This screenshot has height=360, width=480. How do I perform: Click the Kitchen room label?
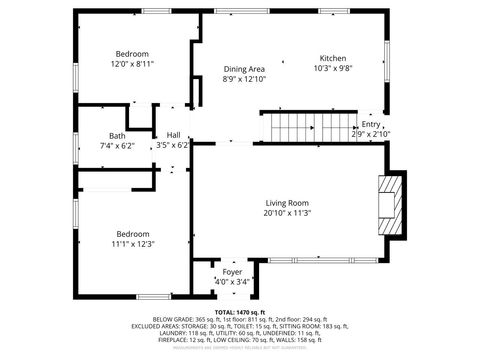333,57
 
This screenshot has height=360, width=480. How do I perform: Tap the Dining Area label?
244,68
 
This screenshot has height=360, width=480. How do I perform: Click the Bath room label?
117,135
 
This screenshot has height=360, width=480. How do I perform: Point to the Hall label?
173,135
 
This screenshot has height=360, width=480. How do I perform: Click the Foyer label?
231,271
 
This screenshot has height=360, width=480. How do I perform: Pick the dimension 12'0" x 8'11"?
132,64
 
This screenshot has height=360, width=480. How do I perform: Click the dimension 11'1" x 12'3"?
132,243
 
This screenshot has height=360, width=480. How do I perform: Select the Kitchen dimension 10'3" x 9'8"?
333,68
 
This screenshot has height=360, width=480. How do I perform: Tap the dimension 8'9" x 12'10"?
244,79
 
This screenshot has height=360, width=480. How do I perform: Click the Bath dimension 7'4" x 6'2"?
117,145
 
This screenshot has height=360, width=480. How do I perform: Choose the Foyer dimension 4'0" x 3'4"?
231,282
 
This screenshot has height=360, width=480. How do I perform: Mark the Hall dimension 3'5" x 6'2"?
173,145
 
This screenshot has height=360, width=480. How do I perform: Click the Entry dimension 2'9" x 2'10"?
371,133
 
